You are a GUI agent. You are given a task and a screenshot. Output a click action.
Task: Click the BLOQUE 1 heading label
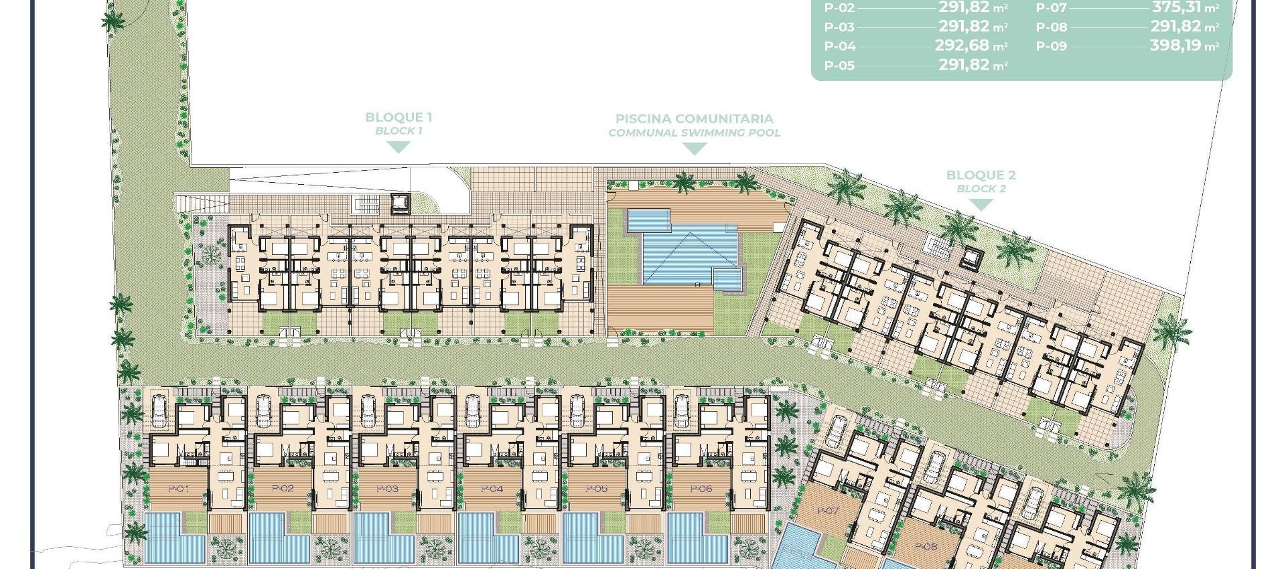pos(399,117)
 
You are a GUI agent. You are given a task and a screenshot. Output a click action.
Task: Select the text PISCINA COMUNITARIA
pos(694,119)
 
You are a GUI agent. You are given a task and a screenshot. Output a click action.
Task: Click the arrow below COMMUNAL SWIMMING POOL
pos(694,149)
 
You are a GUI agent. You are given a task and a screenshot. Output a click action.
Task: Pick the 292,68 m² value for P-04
pos(971,46)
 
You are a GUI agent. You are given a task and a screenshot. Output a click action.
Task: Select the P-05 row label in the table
pos(839,66)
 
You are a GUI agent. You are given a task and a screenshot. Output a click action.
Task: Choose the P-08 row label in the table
pos(1051,27)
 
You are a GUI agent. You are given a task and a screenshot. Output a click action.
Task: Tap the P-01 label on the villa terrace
pos(179,489)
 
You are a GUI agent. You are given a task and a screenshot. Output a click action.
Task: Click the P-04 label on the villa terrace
pos(492,489)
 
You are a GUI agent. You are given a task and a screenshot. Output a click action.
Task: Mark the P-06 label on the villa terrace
pos(701,489)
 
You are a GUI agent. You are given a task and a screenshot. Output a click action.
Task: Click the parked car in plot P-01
pos(160,410)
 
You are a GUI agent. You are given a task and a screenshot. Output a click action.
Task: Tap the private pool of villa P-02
pos(278,539)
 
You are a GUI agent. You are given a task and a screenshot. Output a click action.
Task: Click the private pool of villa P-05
pos(591,539)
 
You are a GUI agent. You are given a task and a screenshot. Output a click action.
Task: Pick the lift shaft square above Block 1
pos(399,203)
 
